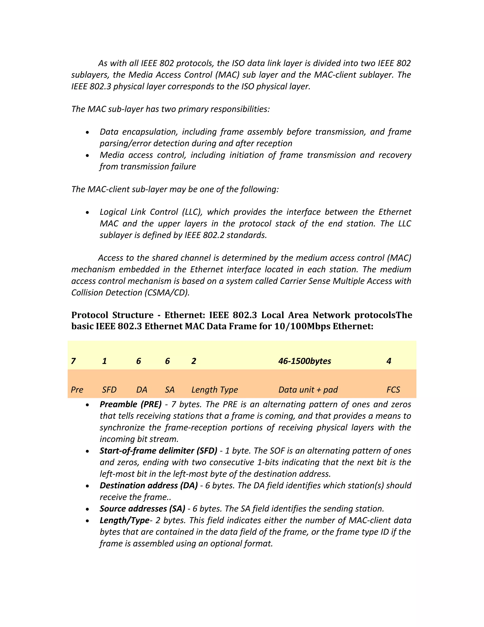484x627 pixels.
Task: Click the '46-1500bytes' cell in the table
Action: (304, 361)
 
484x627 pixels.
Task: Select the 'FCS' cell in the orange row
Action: (393, 390)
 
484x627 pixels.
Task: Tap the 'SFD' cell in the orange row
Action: (109, 390)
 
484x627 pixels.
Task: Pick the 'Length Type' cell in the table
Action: (215, 390)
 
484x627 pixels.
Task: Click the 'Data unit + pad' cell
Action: (308, 390)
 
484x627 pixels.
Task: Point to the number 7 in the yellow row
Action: (73, 361)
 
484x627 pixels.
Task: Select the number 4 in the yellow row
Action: (389, 361)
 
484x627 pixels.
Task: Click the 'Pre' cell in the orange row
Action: (77, 390)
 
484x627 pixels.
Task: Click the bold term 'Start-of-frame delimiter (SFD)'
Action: (158, 451)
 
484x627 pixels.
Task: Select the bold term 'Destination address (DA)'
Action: (148, 486)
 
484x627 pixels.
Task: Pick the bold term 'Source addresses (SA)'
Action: (142, 509)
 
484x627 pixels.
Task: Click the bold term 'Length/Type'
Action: (125, 520)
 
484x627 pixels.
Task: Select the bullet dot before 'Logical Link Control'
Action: (87, 213)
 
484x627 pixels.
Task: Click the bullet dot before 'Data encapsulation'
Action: (87, 132)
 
